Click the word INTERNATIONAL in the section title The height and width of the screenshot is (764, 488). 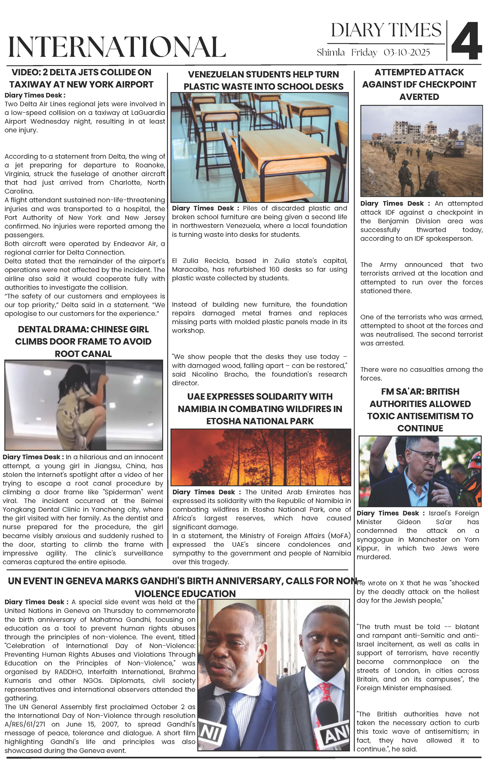tap(117, 47)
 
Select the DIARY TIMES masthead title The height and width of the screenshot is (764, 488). tap(386, 30)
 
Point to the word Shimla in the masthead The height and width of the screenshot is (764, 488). tap(331, 52)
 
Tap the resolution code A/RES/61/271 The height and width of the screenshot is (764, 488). tap(25, 724)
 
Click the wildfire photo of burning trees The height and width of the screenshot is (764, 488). tap(261, 457)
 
